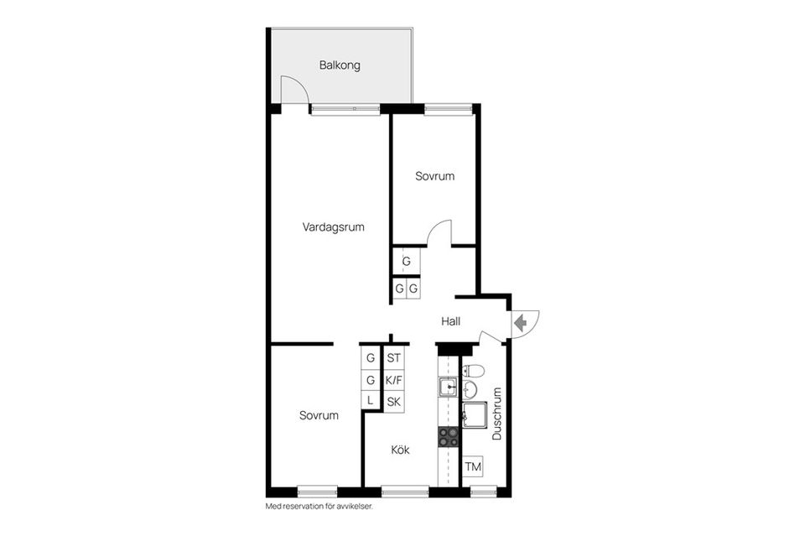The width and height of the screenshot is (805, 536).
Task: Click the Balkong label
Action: (340, 65)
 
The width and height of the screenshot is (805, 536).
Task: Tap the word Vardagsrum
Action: (333, 227)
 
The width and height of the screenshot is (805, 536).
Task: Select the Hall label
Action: (451, 321)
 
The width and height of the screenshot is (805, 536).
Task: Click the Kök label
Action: (401, 450)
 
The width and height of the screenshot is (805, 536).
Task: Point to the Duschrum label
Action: (496, 414)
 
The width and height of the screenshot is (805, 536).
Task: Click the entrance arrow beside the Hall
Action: (521, 324)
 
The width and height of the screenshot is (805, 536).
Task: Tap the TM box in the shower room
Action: (473, 466)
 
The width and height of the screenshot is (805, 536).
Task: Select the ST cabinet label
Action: (394, 358)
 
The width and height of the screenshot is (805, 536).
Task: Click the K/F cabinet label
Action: (394, 381)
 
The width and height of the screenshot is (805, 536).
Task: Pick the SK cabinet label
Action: (394, 402)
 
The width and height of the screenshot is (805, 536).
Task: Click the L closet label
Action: (370, 400)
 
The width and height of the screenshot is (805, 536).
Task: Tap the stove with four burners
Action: (448, 437)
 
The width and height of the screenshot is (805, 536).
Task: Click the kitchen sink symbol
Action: (448, 387)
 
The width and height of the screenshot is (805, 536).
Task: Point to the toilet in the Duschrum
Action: (473, 370)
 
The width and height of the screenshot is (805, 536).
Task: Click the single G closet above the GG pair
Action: (406, 262)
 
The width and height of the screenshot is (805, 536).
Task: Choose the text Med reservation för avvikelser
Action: (319, 507)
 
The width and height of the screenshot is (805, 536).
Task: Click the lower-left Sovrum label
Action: (319, 415)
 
